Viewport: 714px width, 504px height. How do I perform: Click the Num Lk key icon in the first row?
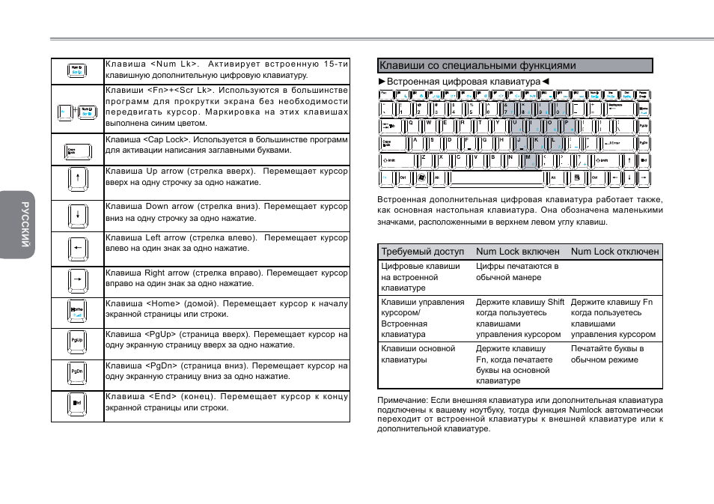77,71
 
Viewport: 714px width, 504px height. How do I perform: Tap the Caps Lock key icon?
77,151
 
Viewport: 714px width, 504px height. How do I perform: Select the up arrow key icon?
77,182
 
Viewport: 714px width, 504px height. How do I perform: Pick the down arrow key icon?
77,216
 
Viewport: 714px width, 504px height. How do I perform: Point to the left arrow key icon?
77,247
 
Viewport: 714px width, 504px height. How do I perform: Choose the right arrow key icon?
77,281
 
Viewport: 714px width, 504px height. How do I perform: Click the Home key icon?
77,310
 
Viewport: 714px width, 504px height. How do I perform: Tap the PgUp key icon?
77,341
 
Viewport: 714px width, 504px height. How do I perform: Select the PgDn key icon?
77,371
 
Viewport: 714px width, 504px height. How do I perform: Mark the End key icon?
77,403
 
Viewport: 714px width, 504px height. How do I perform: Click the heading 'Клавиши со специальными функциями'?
477,66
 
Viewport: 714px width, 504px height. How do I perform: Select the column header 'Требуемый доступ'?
422,252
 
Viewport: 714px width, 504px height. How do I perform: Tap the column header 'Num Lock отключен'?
614,252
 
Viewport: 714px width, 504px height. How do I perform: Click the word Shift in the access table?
555,303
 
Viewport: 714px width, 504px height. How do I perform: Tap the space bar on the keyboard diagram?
498,178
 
